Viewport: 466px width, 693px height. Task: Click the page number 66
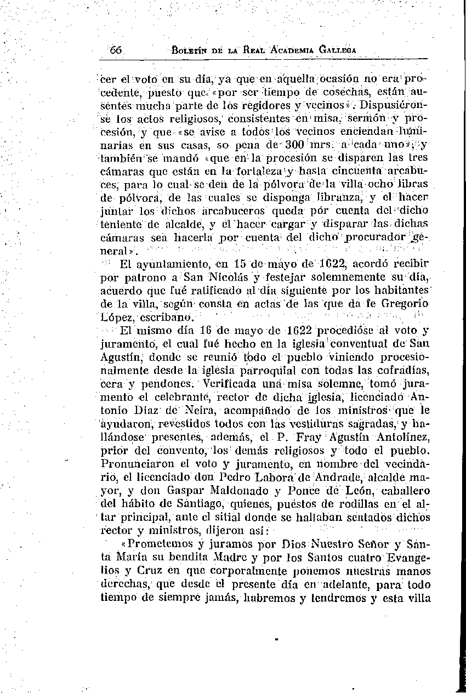pyautogui.click(x=116, y=49)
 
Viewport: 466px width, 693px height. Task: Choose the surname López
pyautogui.click(x=118, y=317)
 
